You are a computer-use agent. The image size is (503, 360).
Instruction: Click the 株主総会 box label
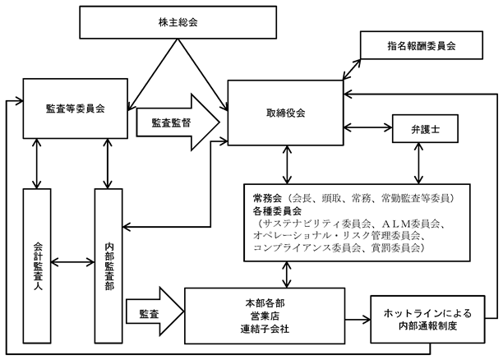click(x=178, y=22)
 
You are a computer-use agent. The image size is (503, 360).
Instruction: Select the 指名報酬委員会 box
click(x=422, y=45)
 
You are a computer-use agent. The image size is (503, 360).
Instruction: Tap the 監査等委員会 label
click(x=76, y=108)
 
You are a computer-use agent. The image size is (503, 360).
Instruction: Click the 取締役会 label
click(x=285, y=113)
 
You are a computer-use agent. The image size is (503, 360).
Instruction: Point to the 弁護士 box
click(x=425, y=129)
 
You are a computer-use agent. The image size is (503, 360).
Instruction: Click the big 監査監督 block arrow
click(x=178, y=122)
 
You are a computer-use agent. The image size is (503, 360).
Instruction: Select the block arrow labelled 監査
click(x=155, y=312)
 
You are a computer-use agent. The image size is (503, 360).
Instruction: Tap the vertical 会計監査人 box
click(x=37, y=266)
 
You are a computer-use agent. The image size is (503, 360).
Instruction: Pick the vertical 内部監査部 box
click(x=108, y=266)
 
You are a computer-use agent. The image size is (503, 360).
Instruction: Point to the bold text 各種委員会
click(x=277, y=211)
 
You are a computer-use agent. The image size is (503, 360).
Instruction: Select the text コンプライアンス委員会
click(x=307, y=248)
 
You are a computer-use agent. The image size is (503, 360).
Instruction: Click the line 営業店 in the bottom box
click(x=265, y=316)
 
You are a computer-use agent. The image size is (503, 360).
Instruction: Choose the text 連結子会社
click(x=265, y=329)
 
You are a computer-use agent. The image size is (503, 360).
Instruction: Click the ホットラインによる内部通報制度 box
click(x=427, y=319)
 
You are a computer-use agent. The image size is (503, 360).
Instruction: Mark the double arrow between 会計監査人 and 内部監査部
click(x=73, y=262)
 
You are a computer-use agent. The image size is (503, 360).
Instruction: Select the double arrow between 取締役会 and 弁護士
click(x=368, y=127)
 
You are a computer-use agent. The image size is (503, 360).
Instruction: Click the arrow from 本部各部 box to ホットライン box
click(x=358, y=319)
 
